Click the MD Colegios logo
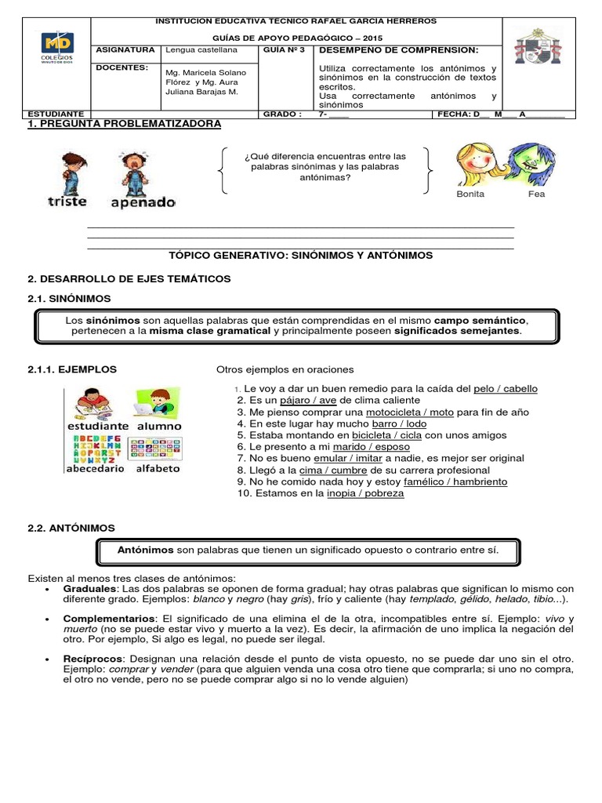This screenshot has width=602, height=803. coord(58,50)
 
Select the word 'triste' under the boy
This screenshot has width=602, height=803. coord(68,202)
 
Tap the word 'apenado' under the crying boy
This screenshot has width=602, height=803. coord(143,202)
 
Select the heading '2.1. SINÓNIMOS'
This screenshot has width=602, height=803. coord(69,299)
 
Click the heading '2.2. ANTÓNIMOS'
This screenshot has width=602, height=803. coord(71,529)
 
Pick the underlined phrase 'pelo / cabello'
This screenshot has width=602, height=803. coord(506,389)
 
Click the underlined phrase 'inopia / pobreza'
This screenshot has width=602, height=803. coord(365,493)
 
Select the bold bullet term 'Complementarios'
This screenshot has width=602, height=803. coord(109,618)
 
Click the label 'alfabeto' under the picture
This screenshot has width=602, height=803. coord(158,468)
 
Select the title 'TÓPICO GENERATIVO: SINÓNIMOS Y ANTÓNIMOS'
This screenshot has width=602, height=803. coord(300,256)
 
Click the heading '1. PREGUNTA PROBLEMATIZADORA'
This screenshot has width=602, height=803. coord(124,124)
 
